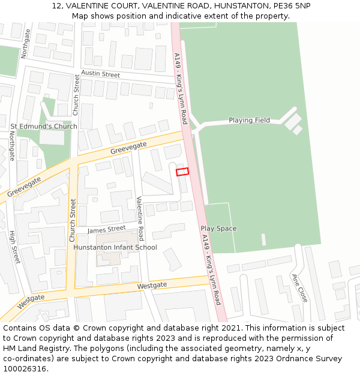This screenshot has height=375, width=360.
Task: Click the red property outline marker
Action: tap(182, 172)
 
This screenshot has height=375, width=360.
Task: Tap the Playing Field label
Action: tap(249, 121)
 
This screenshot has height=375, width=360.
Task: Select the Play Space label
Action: tap(218, 229)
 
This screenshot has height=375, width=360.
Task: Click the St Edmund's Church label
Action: tap(44, 127)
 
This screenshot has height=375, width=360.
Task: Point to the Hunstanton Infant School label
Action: tap(115, 247)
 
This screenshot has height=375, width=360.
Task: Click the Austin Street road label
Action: tap(101, 74)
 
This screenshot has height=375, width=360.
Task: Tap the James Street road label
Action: tap(106, 229)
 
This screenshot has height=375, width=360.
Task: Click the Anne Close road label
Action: tap(299, 288)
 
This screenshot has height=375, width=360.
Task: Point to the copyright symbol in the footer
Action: tap(76, 328)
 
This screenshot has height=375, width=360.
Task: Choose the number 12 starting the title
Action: tap(56, 5)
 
